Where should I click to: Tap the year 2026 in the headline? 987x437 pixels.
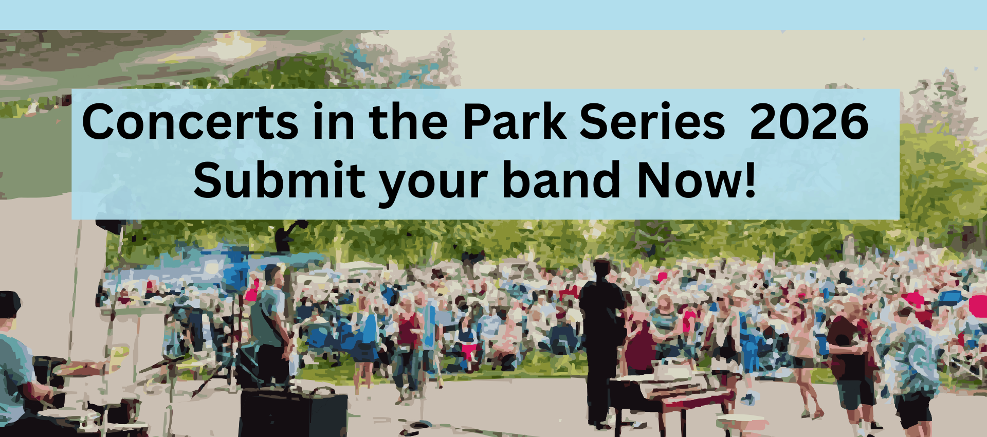(809, 122)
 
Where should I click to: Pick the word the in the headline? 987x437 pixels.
(408, 122)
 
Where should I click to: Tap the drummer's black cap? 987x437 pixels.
(9, 303)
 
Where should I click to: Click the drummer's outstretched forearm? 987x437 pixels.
(82, 368)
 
